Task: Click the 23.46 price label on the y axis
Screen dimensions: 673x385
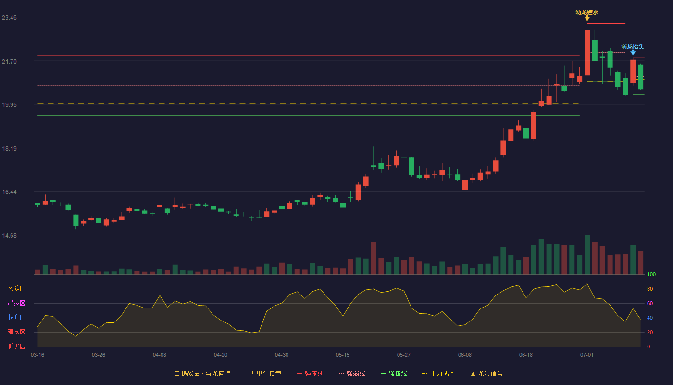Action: point(9,17)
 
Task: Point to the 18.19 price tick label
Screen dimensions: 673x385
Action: point(9,148)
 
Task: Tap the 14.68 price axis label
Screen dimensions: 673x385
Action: point(9,235)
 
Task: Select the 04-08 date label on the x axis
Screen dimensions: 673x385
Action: point(160,355)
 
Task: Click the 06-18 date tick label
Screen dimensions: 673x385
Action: point(526,355)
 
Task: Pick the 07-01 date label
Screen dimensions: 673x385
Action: point(587,355)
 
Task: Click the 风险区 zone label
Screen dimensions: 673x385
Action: point(16,288)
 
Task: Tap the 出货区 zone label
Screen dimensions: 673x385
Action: point(16,303)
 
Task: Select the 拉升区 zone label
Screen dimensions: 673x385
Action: point(16,317)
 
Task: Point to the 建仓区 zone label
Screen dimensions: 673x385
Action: point(16,332)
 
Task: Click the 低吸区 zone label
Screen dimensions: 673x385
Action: point(16,346)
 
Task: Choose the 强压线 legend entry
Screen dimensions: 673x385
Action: point(310,373)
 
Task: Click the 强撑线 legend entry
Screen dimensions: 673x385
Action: point(394,373)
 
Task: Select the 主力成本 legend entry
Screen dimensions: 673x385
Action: point(438,373)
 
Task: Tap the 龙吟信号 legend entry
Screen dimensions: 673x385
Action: point(486,373)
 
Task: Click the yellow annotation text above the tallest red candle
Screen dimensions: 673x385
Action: point(587,13)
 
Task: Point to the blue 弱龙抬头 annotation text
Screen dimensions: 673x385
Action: point(633,47)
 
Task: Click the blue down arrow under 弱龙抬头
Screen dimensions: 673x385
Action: point(633,52)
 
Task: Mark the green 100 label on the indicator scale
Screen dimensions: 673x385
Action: point(651,274)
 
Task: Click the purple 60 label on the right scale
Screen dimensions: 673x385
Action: point(650,303)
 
